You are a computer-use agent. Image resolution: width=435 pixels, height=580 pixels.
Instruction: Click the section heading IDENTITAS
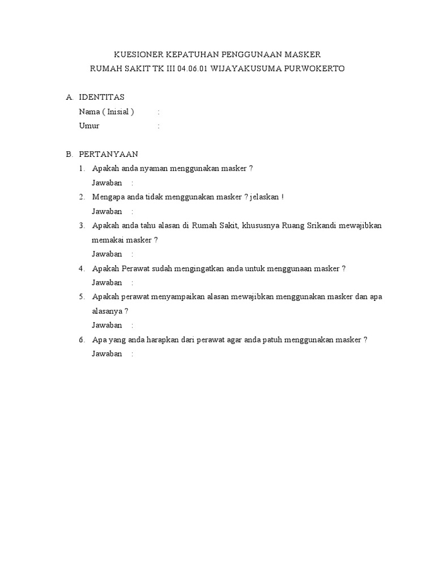click(x=101, y=97)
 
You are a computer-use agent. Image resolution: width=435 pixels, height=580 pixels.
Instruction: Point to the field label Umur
click(x=89, y=126)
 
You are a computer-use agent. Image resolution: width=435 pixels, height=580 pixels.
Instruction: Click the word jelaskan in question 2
click(x=263, y=197)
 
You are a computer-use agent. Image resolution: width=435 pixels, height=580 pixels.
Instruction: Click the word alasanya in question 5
click(x=106, y=311)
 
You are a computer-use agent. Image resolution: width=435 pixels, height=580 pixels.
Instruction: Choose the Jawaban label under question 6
click(x=107, y=354)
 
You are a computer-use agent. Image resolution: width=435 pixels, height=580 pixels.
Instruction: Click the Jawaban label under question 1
click(x=107, y=183)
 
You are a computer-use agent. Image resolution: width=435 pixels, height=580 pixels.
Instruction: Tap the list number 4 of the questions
click(x=82, y=268)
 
